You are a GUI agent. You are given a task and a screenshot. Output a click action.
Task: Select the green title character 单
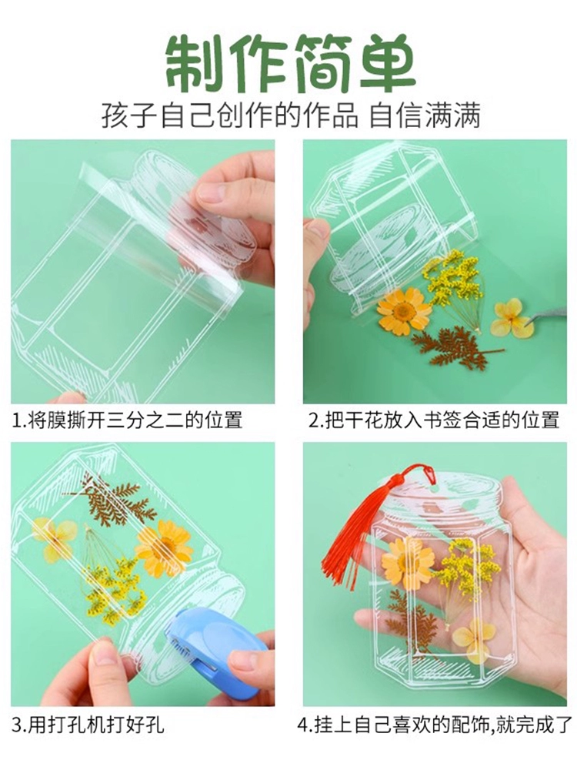388,63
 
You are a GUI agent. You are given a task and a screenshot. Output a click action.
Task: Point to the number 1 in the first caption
16,421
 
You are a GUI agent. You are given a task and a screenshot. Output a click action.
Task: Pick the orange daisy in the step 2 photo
404,311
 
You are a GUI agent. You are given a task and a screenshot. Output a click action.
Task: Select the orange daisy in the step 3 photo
163,549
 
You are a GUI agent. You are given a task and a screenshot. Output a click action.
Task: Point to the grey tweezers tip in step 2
531,323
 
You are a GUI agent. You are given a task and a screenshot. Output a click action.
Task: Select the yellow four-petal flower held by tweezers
512,318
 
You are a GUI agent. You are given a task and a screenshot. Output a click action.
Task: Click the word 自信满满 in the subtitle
424,116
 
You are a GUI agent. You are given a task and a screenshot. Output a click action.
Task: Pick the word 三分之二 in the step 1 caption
145,421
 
